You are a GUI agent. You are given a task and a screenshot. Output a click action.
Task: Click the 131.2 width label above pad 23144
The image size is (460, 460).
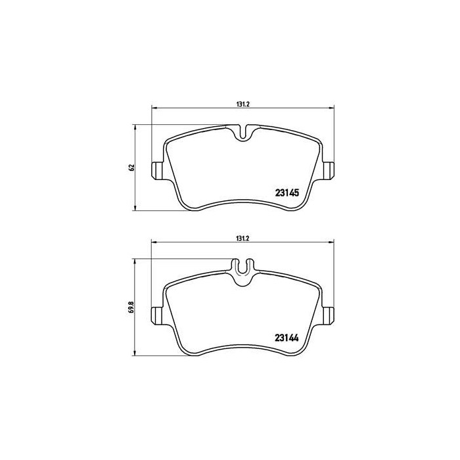(241, 238)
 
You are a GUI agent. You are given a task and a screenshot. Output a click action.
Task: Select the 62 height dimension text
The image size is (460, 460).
(131, 168)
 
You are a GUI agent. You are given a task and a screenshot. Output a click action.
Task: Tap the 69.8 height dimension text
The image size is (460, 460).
(131, 306)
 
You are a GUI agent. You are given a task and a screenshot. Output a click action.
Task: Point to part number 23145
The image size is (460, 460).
(287, 193)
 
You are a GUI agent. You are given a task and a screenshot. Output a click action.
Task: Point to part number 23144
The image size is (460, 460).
(287, 340)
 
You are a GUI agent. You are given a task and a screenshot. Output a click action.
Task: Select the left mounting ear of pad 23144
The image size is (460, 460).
(158, 315)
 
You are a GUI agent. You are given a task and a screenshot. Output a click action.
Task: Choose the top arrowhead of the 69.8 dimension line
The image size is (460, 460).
(135, 261)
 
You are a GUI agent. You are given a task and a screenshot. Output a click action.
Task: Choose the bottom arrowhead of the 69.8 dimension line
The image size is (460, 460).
(135, 354)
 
